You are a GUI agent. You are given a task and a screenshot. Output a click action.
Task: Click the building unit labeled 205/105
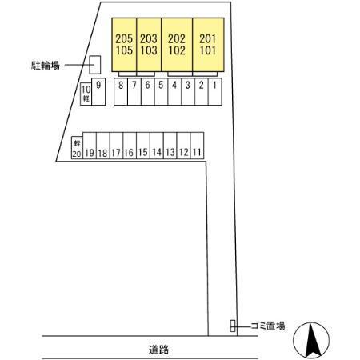click(124, 45)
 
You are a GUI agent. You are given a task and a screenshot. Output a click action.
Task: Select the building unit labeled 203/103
click(149, 45)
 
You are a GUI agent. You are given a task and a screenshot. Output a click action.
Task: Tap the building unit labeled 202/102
click(177, 45)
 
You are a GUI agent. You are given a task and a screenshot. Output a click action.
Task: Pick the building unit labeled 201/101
click(208, 45)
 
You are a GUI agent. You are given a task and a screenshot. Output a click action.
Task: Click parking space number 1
click(215, 91)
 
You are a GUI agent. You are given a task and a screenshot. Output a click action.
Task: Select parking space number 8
click(121, 91)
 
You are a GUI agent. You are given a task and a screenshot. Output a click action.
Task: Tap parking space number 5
click(161, 91)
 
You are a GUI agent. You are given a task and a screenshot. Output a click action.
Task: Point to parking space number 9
click(98, 91)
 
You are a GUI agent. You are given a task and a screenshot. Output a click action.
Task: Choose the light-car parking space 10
click(86, 94)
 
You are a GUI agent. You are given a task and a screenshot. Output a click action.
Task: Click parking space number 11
click(197, 146)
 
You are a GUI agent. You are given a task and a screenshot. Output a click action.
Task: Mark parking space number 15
click(143, 146)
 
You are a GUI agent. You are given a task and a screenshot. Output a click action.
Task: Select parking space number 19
click(90, 146)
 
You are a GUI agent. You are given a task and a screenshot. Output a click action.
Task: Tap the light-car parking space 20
click(77, 148)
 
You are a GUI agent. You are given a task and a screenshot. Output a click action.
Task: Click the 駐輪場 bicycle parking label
click(46, 65)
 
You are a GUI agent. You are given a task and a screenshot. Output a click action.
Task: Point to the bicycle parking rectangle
click(94, 65)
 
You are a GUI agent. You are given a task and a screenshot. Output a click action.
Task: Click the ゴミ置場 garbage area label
click(268, 326)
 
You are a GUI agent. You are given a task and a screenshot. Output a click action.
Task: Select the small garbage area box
click(233, 326)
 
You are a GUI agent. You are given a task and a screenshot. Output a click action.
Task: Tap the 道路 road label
click(159, 350)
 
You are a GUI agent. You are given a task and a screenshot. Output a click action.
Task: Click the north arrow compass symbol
click(311, 340)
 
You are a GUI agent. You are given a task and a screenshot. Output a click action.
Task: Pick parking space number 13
click(170, 146)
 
